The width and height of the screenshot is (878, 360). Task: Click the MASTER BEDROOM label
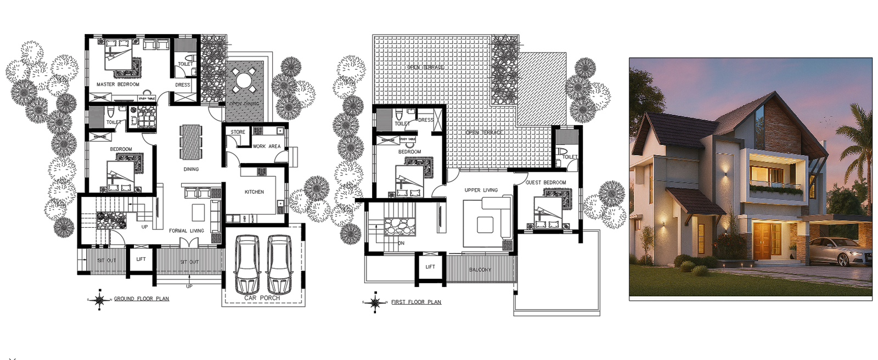[118, 85]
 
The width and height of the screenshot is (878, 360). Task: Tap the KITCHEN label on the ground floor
[254, 192]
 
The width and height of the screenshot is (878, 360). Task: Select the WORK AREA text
[267, 147]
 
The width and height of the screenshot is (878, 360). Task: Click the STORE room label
[238, 132]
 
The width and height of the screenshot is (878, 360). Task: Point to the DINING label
[191, 169]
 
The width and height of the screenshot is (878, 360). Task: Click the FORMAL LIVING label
[186, 231]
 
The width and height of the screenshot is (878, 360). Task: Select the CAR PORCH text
[262, 298]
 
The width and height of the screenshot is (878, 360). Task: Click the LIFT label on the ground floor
[141, 259]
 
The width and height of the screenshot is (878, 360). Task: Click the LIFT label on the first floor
[430, 267]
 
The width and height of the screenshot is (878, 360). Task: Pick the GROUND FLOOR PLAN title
[141, 299]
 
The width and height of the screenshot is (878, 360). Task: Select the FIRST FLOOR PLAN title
[416, 302]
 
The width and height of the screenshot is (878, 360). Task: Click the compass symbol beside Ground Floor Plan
[99, 300]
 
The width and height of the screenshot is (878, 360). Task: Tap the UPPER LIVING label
[481, 190]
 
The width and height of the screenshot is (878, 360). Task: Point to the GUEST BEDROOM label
[545, 183]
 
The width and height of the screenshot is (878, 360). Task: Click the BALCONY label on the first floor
[480, 270]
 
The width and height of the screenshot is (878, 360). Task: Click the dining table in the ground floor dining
[191, 142]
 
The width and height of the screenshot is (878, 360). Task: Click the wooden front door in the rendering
[767, 241]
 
